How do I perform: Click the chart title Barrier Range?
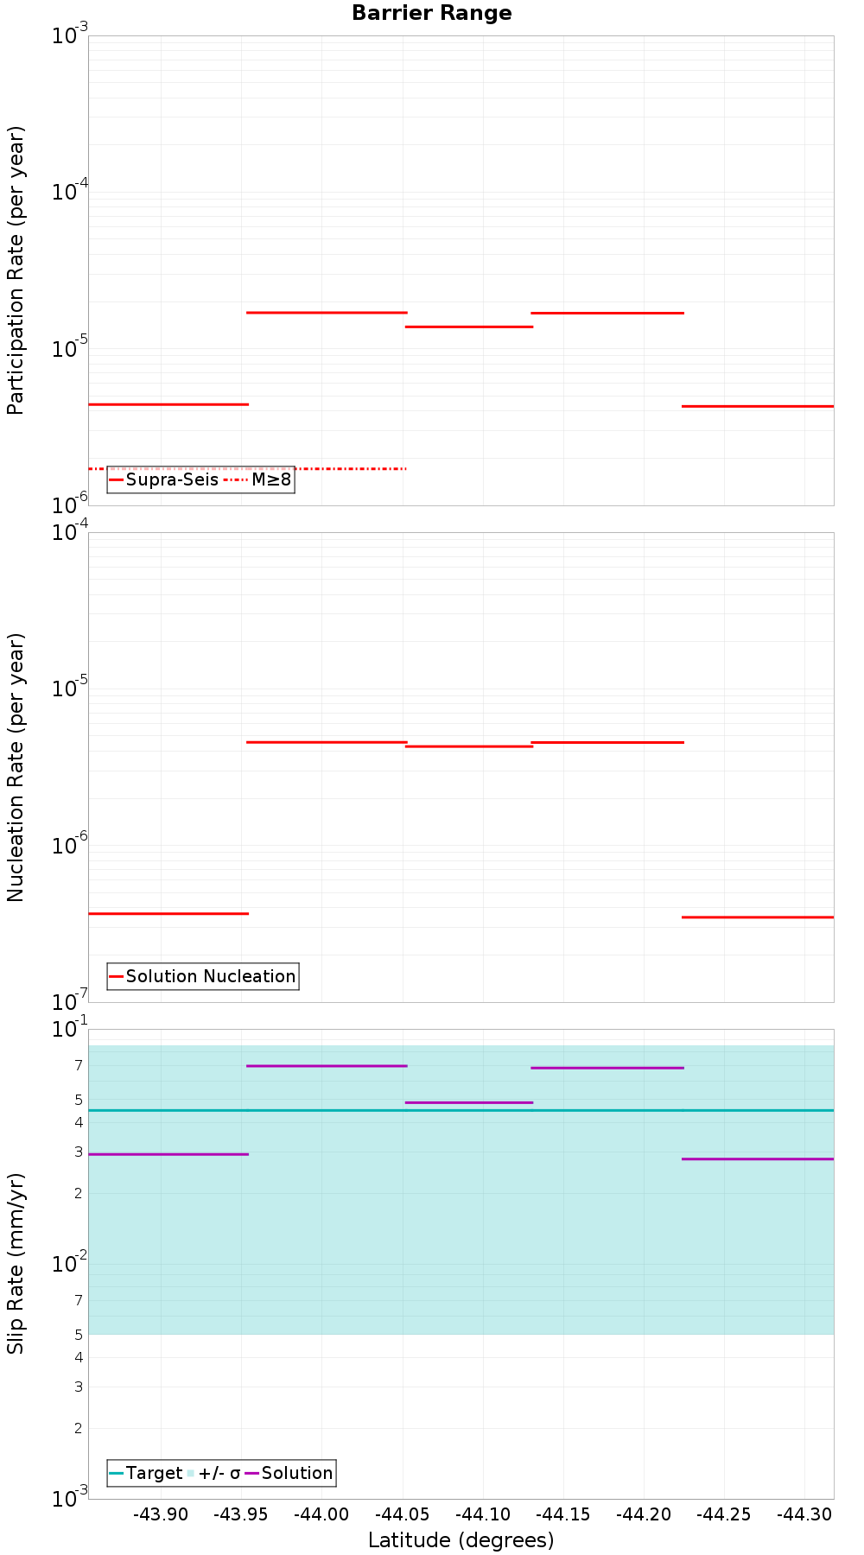pos(431,13)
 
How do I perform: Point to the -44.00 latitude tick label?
pos(321,1514)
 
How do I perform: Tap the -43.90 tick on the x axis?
pos(159,1514)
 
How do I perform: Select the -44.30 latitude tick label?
pos(804,1514)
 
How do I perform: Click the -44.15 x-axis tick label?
pos(562,1514)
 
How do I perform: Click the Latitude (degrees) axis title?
pos(461,1540)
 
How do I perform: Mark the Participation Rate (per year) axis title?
pos(16,270)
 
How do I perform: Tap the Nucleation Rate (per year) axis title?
pos(16,767)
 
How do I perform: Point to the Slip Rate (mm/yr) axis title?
pos(16,1263)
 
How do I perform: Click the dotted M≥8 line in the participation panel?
pos(346,468)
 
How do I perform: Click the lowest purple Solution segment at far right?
pos(757,1158)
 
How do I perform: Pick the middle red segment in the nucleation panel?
pos(468,746)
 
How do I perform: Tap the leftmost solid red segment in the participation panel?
pos(168,404)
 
